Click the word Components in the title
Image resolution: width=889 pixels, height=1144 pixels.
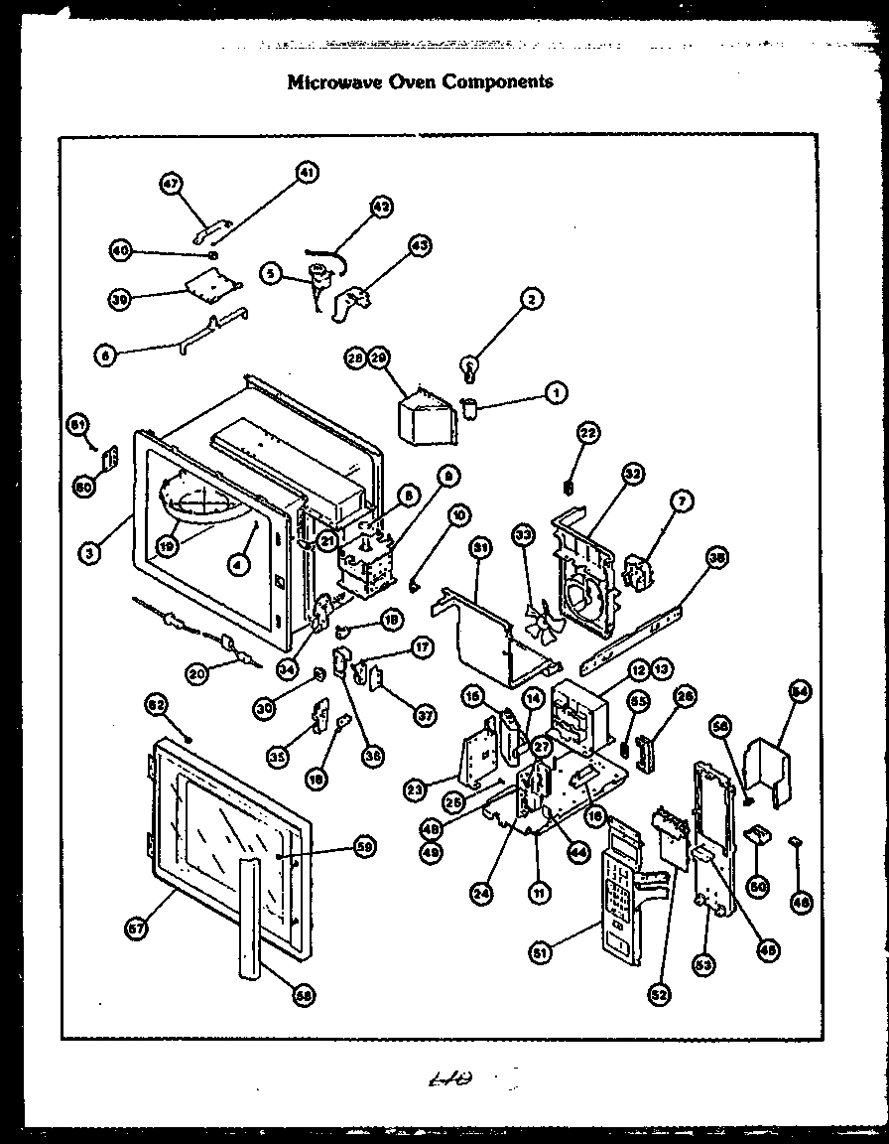pyautogui.click(x=501, y=81)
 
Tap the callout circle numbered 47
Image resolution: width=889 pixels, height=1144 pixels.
pyautogui.click(x=172, y=184)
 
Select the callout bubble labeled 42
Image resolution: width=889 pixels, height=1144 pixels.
pyautogui.click(x=380, y=207)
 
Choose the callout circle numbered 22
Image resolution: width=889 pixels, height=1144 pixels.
pyautogui.click(x=588, y=432)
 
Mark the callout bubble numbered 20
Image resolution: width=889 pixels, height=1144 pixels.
pyautogui.click(x=199, y=673)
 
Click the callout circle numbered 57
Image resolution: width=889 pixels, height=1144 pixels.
pyautogui.click(x=136, y=929)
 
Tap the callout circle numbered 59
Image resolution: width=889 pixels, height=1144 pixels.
pyautogui.click(x=364, y=847)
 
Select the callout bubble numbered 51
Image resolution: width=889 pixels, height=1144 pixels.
pyautogui.click(x=540, y=953)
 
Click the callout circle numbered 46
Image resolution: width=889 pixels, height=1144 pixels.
pyautogui.click(x=801, y=902)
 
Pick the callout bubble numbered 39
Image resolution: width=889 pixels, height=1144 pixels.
pyautogui.click(x=120, y=299)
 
